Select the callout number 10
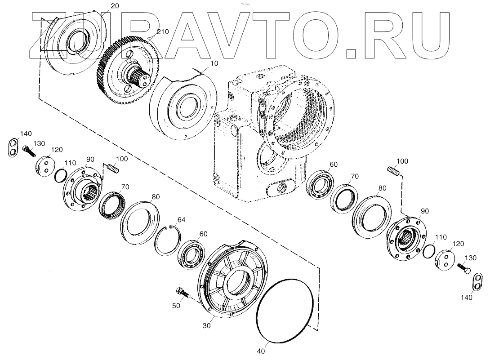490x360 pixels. (214, 63)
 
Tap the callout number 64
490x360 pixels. (182, 220)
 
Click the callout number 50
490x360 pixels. (176, 306)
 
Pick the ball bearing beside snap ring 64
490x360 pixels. (193, 254)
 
